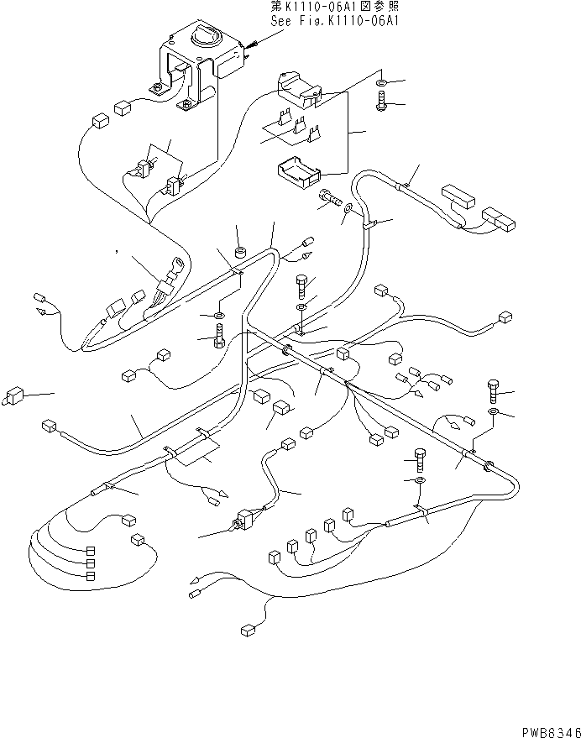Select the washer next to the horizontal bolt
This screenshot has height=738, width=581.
point(347,218)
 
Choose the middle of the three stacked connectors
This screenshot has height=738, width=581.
point(90,563)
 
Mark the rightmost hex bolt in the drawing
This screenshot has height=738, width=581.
point(494,390)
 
